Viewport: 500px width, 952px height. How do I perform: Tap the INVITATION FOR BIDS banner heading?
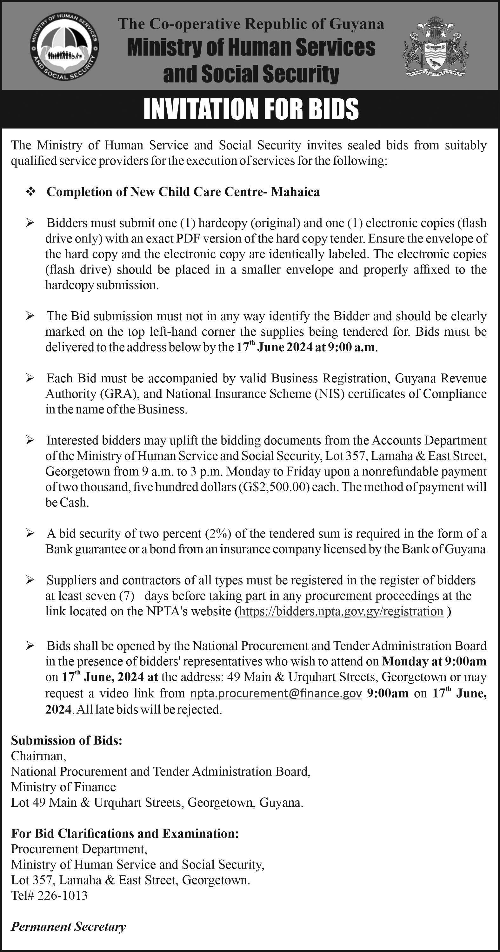click(251, 109)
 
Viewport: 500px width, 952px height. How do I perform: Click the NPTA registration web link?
click(341, 612)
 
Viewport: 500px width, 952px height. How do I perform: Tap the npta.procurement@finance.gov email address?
click(276, 694)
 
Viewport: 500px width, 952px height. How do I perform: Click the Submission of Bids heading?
click(67, 741)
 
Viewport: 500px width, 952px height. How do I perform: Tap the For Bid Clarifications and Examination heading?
click(125, 833)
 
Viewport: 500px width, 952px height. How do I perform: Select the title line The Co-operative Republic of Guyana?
click(251, 24)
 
